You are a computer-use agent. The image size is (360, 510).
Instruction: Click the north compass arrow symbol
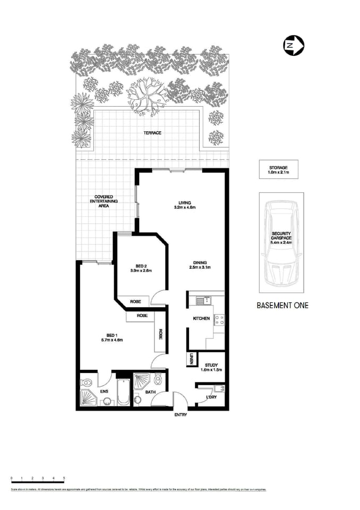pyautogui.click(x=293, y=45)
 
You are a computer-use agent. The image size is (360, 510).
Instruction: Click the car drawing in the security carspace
pyautogui.click(x=281, y=242)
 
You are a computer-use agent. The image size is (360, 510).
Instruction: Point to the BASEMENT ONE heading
pyautogui.click(x=282, y=305)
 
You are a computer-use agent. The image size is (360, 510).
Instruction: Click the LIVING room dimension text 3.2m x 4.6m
pyautogui.click(x=185, y=207)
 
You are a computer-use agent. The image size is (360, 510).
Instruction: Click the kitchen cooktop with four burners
pyautogui.click(x=219, y=320)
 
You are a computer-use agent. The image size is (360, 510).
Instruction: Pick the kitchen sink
pyautogui.click(x=201, y=301)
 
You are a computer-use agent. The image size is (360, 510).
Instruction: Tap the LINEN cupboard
pyautogui.click(x=191, y=359)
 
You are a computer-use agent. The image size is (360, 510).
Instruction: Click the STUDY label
pyautogui.click(x=211, y=365)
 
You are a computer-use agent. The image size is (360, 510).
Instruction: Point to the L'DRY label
pyautogui.click(x=211, y=397)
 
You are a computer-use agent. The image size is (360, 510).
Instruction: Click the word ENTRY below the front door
pyautogui.click(x=181, y=415)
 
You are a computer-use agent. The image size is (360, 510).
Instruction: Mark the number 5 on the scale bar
pyautogui.click(x=64, y=479)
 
